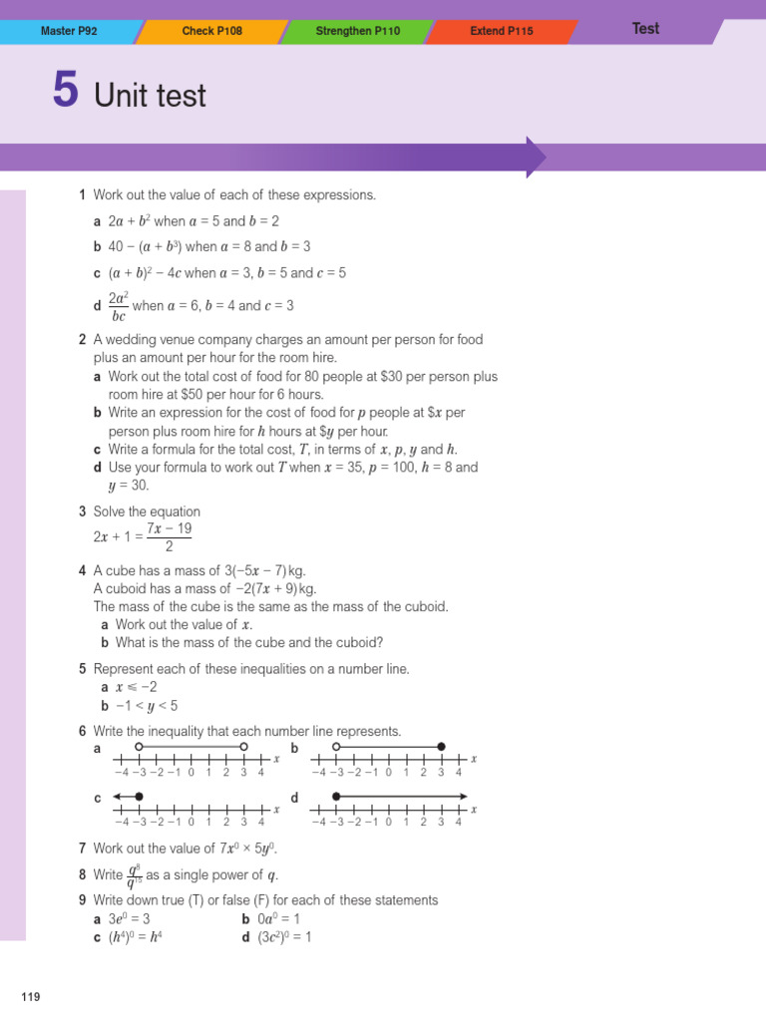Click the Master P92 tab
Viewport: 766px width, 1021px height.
(x=69, y=31)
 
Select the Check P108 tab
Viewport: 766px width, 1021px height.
(x=211, y=31)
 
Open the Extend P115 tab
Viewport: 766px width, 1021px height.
(x=502, y=31)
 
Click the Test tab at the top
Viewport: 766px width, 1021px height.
(x=645, y=28)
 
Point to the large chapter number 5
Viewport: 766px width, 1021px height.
(x=65, y=92)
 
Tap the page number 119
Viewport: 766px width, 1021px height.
(x=30, y=996)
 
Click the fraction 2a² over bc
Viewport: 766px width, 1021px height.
(x=118, y=306)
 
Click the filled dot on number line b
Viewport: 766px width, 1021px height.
(x=442, y=746)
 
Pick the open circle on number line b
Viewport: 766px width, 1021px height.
(x=336, y=746)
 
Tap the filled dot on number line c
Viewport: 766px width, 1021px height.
(x=139, y=796)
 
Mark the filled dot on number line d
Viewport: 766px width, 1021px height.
(x=336, y=796)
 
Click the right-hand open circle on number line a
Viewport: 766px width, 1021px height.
(x=243, y=746)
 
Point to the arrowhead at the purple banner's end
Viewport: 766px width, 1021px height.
(x=537, y=158)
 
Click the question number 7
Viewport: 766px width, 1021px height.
(x=83, y=849)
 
